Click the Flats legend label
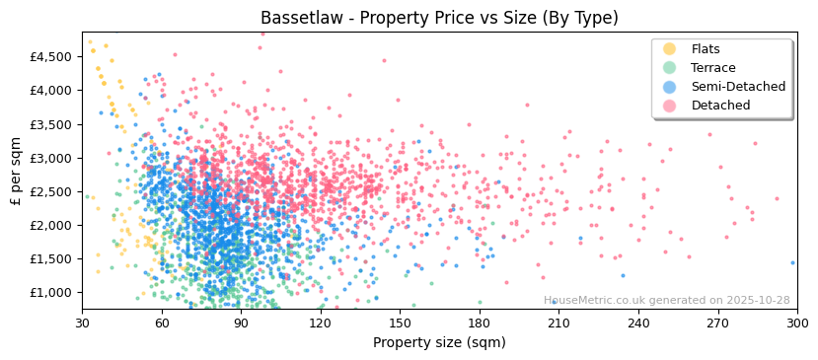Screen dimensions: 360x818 (706, 49)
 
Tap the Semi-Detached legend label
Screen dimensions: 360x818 (738, 87)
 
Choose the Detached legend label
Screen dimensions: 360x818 (720, 106)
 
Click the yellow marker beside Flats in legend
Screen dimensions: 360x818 (670, 49)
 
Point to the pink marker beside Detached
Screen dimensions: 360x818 (670, 106)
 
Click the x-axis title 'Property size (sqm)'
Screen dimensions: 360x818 (439, 343)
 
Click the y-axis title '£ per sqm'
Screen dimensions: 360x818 (16, 171)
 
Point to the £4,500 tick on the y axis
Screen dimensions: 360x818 (50, 56)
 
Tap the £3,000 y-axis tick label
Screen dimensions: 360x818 (50, 158)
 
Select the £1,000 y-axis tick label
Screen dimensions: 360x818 (50, 293)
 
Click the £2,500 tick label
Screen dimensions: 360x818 (50, 191)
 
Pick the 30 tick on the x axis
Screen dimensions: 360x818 (82, 323)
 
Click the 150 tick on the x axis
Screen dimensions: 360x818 (400, 323)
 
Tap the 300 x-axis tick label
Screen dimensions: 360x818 (796, 323)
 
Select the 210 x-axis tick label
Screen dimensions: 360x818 (558, 323)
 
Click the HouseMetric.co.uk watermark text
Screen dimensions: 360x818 (666, 301)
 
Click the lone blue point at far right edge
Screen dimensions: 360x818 (792, 262)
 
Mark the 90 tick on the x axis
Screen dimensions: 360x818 (241, 323)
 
